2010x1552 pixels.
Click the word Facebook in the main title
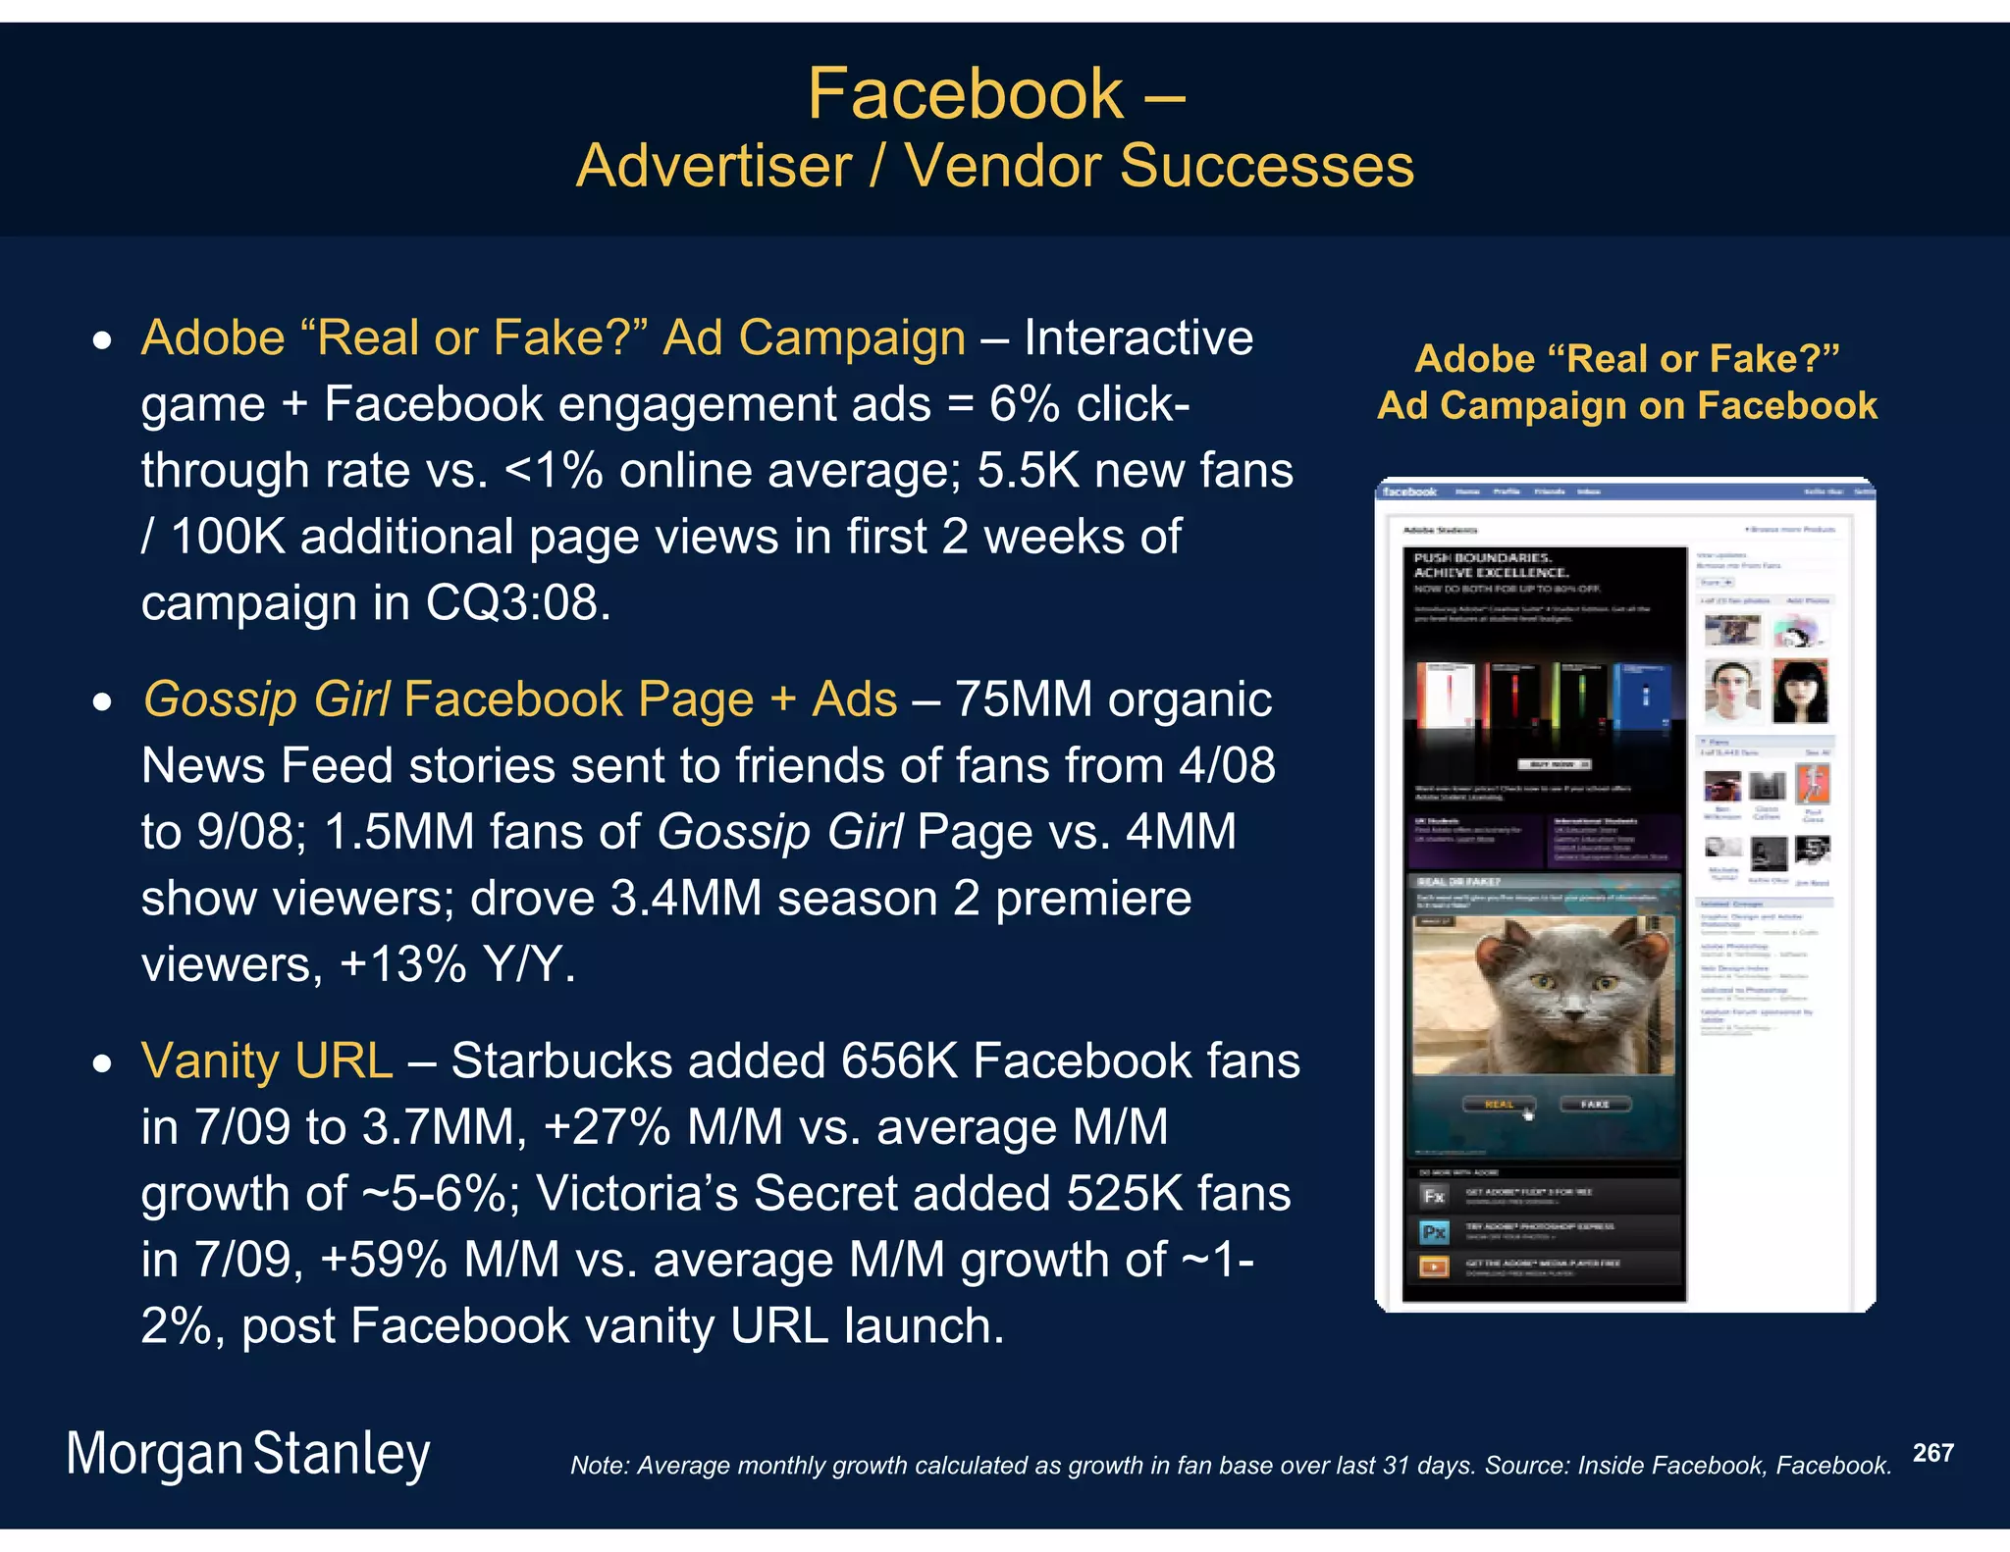point(965,94)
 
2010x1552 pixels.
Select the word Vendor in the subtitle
point(1002,165)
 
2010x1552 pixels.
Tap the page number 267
point(1932,1453)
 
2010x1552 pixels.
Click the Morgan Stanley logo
point(248,1454)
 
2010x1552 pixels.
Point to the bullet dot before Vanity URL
point(102,1064)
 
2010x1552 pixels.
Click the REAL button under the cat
point(1499,1105)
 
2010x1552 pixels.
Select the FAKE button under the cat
point(1595,1105)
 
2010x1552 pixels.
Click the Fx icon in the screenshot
point(1434,1196)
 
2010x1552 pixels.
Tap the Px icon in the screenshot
point(1434,1232)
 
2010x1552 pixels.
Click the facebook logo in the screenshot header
point(1409,491)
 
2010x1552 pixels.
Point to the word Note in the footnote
point(598,1466)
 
